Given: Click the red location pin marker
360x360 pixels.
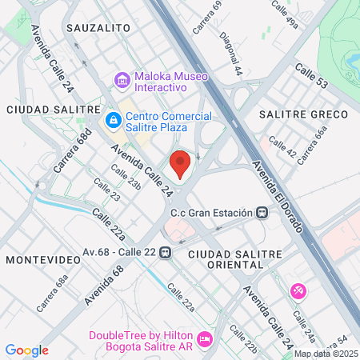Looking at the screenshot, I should click(181, 164).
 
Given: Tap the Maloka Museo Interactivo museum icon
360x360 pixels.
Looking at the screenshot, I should click(122, 80).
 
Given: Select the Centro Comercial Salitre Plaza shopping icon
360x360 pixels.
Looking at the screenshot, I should click(113, 121).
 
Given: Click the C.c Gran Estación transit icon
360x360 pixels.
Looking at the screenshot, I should click(262, 214).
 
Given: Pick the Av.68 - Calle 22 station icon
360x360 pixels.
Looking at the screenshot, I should click(165, 252).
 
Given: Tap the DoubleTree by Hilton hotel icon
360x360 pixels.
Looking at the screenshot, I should click(204, 340).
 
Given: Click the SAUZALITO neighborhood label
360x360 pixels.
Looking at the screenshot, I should click(99, 27).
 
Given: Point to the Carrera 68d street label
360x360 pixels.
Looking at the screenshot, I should click(70, 154).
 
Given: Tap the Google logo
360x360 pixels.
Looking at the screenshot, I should click(27, 350).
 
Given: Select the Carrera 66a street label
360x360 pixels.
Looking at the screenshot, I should click(312, 145).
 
